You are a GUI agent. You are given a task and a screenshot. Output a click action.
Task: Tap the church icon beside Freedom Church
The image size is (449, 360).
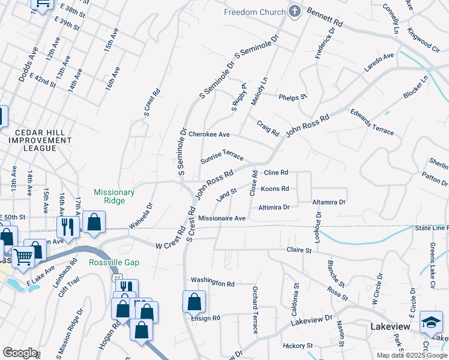(x=294, y=11)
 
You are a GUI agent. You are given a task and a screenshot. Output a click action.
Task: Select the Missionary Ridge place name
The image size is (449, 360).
(x=114, y=196)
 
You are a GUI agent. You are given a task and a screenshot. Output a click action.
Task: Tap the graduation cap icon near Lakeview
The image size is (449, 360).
(x=431, y=322)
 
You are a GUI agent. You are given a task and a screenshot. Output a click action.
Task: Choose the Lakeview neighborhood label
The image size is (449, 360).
(x=390, y=326)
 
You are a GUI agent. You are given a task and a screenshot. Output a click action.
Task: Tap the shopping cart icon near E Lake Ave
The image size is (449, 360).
(x=23, y=257)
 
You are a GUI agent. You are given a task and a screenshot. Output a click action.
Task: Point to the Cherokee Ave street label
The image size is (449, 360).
(x=209, y=134)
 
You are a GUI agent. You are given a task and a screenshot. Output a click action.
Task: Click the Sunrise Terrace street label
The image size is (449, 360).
(x=222, y=156)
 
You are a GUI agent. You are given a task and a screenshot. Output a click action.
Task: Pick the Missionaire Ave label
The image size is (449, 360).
(x=221, y=218)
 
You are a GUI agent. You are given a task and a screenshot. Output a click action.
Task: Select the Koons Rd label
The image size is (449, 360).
(x=275, y=189)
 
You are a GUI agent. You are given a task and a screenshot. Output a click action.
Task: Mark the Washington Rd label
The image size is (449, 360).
(x=212, y=282)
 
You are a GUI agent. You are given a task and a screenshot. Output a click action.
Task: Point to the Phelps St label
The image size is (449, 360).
(x=293, y=97)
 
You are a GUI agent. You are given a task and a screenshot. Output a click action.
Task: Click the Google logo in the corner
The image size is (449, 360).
(x=20, y=352)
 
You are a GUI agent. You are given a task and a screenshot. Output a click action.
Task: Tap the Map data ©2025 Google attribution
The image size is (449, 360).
(x=412, y=355)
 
